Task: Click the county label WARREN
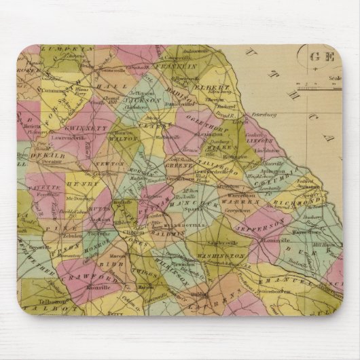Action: (241, 202)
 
